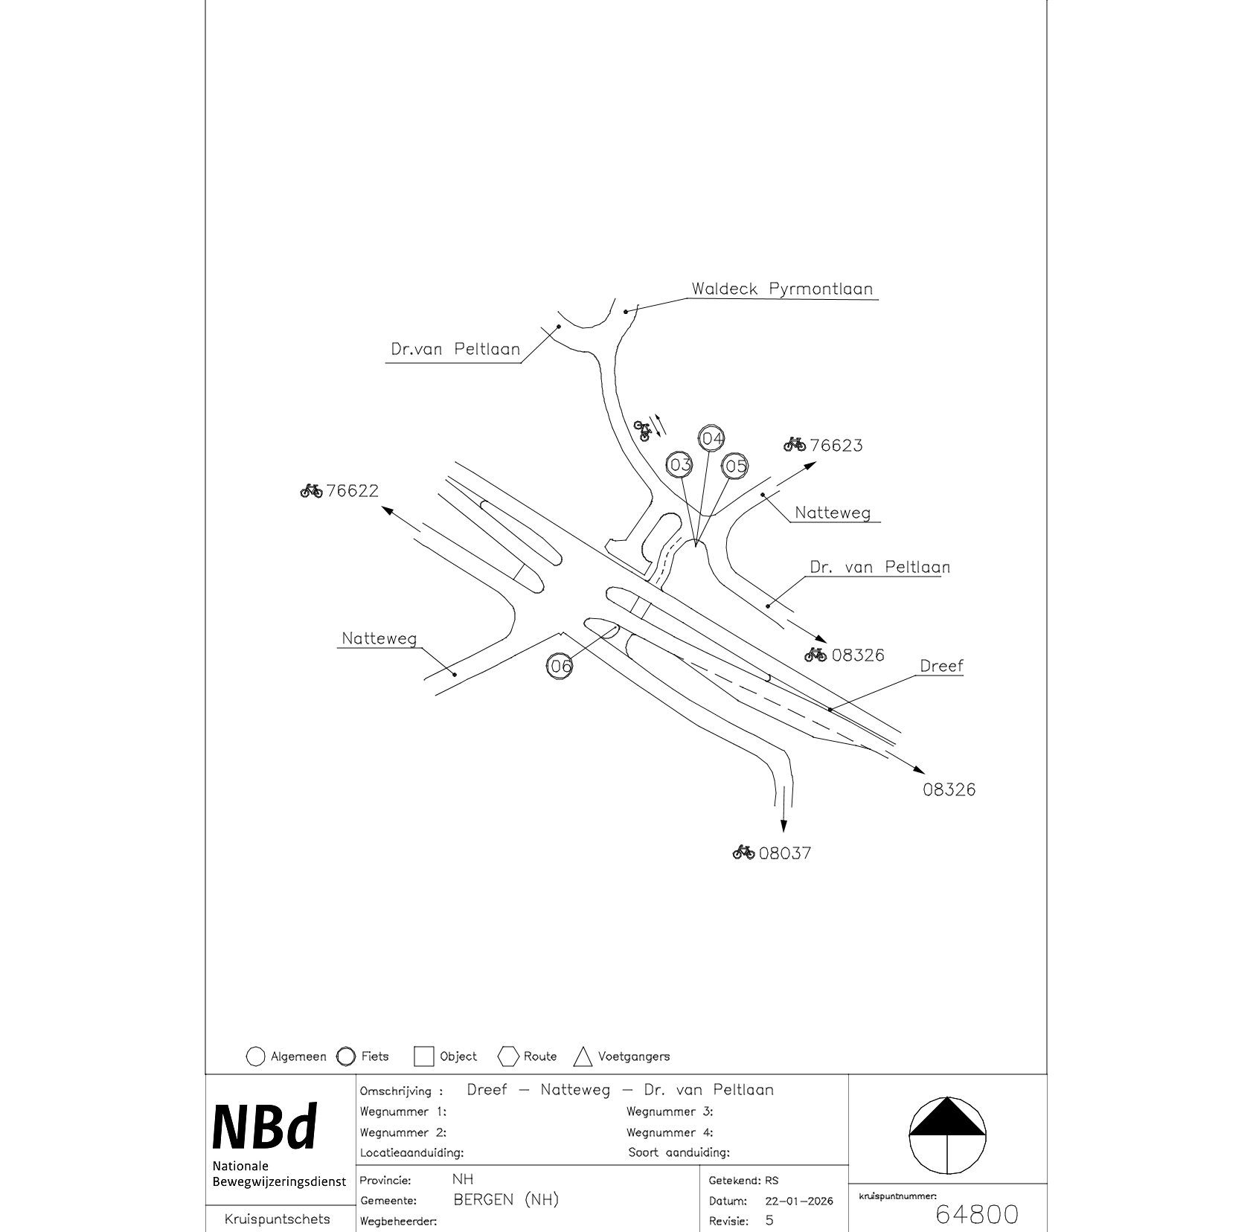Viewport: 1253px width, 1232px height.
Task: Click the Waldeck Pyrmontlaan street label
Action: click(x=782, y=289)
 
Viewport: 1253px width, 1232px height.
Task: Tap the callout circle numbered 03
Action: click(x=680, y=465)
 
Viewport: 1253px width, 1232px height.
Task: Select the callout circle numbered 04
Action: click(x=712, y=439)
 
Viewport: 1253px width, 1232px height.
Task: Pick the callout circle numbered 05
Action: click(x=735, y=466)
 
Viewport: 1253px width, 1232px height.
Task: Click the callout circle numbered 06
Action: click(x=560, y=666)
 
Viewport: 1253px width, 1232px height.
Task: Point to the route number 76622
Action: click(x=352, y=491)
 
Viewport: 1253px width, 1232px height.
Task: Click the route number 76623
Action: click(x=836, y=446)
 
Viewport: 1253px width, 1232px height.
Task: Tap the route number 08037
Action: click(x=785, y=853)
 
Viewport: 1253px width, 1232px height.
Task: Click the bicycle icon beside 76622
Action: click(x=311, y=491)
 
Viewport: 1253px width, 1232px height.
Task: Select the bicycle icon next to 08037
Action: click(x=743, y=853)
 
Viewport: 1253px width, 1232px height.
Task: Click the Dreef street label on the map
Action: click(x=941, y=666)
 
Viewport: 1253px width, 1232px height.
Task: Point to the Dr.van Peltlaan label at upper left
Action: click(x=455, y=349)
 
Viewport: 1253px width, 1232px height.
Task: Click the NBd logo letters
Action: click(x=265, y=1127)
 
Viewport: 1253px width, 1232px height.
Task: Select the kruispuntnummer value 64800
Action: click(x=976, y=1215)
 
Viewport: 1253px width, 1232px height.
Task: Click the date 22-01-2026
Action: click(x=798, y=1201)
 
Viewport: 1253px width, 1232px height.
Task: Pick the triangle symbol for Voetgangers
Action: click(x=583, y=1056)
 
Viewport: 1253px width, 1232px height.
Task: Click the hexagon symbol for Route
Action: click(x=509, y=1056)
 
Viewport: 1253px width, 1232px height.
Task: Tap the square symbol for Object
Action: click(x=423, y=1056)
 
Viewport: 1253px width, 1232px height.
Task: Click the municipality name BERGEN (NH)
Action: click(x=506, y=1200)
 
